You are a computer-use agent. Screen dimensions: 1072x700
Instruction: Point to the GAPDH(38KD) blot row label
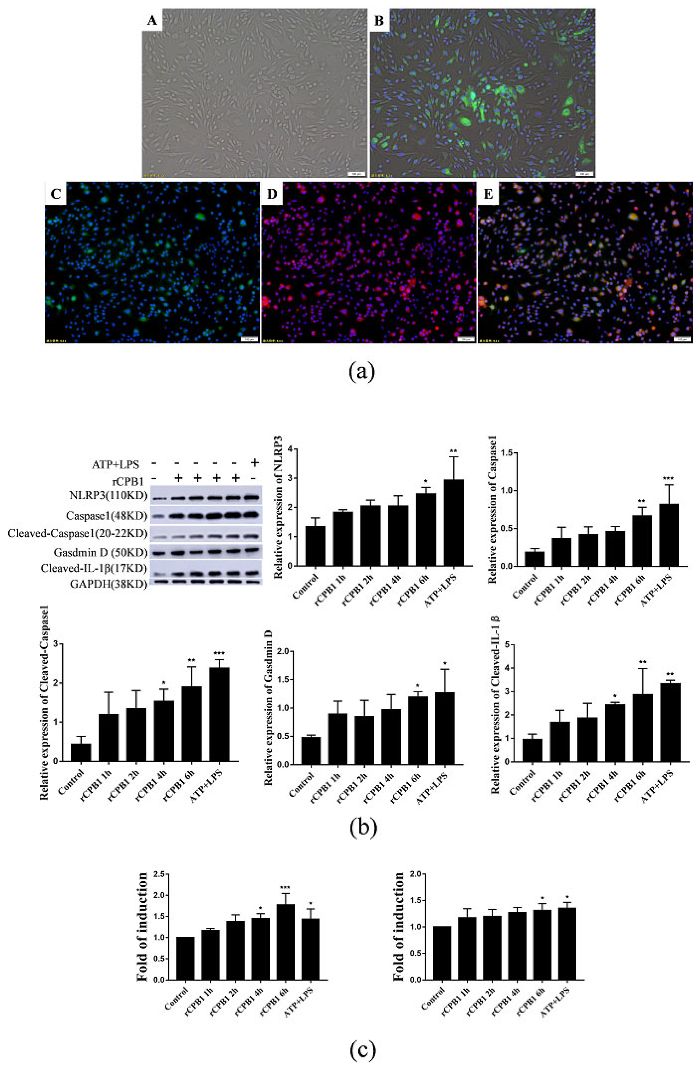pyautogui.click(x=109, y=584)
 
